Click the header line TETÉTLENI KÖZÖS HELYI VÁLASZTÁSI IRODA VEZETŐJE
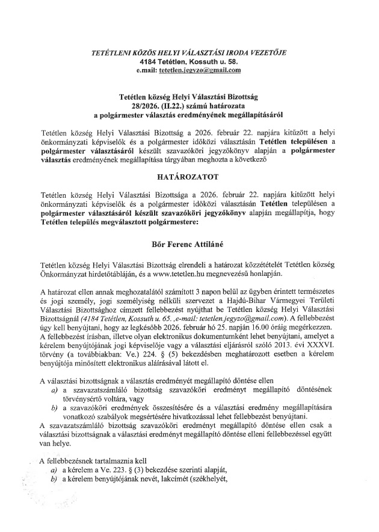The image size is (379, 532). coord(189,53)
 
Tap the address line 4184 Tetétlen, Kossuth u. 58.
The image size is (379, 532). coord(189,61)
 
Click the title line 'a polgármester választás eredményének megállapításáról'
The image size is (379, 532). coord(189,112)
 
